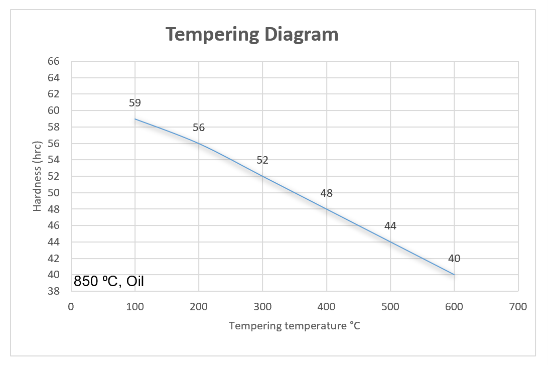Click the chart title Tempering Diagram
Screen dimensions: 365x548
click(252, 34)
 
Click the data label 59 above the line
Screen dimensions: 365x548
click(135, 103)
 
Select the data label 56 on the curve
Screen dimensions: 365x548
click(199, 128)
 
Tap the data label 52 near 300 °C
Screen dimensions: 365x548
click(262, 160)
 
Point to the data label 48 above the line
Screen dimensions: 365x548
click(326, 193)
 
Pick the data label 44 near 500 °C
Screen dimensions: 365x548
click(390, 226)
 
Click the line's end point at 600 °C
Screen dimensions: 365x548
click(454, 275)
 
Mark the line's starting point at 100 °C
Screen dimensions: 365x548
click(135, 119)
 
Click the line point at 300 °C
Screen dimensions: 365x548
click(262, 176)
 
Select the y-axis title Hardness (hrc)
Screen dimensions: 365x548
click(38, 176)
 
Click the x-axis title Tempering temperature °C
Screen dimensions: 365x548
click(295, 326)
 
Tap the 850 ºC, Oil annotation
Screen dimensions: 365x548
click(109, 282)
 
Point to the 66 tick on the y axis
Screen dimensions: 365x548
click(53, 61)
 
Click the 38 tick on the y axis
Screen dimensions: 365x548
click(53, 291)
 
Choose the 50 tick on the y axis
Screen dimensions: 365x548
click(53, 193)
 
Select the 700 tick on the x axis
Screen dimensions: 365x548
click(517, 307)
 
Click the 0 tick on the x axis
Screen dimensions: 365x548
click(71, 307)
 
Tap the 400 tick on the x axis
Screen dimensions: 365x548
click(326, 307)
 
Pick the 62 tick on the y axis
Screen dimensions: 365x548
click(53, 94)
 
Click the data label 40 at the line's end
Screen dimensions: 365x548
click(454, 259)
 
